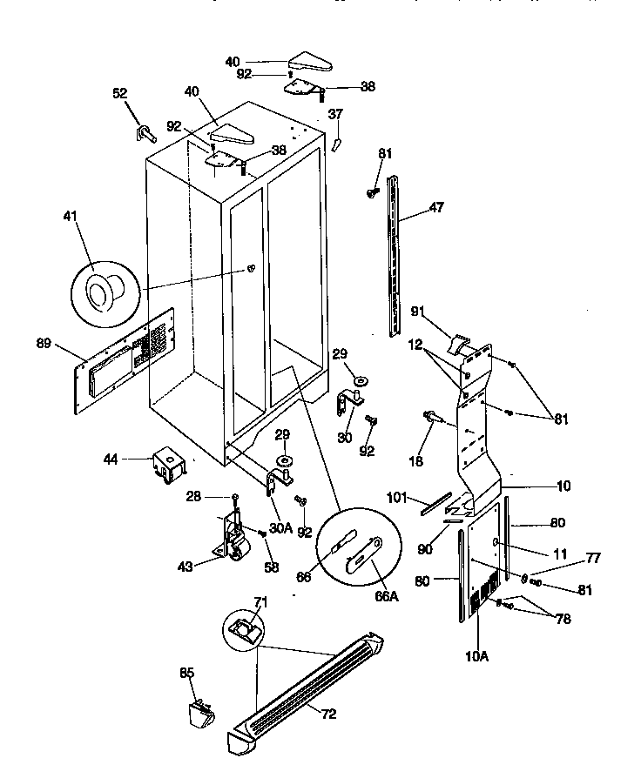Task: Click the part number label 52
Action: pos(119,94)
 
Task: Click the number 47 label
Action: pos(436,209)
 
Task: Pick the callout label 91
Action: pos(441,312)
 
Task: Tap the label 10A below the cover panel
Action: pos(476,656)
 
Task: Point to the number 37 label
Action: pos(336,114)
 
